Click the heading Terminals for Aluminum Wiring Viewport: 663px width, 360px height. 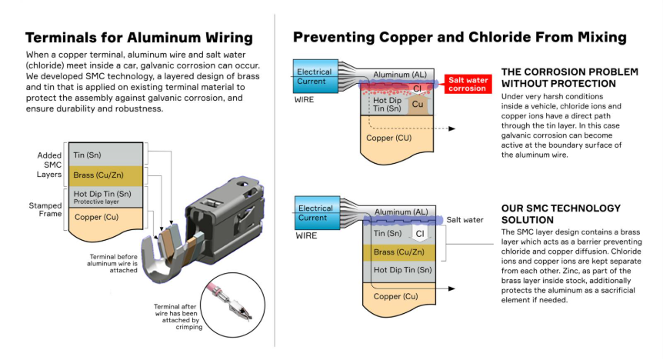coord(138,38)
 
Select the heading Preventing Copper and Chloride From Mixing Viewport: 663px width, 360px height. coord(460,37)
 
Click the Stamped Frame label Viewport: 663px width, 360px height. coord(46,210)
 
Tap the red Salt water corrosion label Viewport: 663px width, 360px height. coord(467,84)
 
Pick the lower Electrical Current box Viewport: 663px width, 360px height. coord(315,213)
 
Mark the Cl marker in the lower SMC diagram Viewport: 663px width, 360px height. coord(420,232)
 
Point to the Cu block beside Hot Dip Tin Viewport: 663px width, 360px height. coord(418,104)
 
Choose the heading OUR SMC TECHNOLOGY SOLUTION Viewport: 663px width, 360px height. coord(560,213)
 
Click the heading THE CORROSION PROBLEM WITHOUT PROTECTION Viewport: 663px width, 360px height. coord(569,77)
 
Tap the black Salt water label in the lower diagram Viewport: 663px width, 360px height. coord(465,220)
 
